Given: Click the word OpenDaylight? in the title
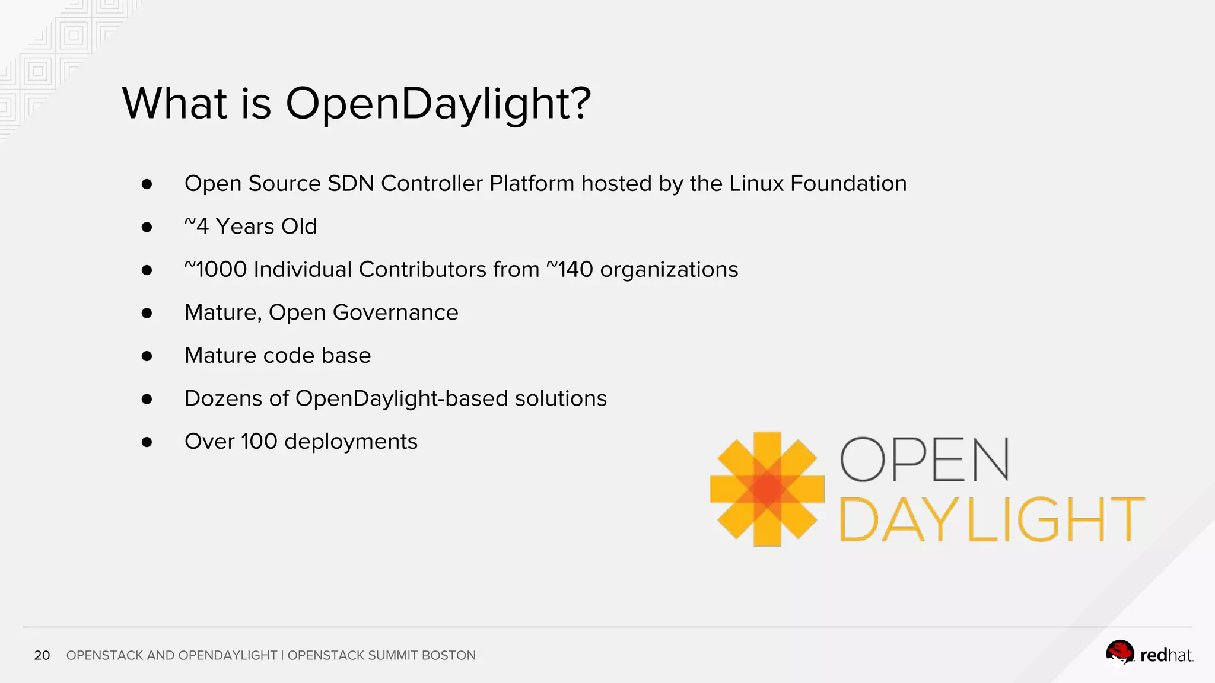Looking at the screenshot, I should [438, 104].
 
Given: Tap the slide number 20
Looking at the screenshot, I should [42, 655].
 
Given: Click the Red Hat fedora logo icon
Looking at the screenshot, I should [1119, 653].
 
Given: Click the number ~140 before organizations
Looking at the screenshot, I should [570, 270].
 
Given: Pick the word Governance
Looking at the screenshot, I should [396, 312].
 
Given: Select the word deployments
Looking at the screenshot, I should [351, 442].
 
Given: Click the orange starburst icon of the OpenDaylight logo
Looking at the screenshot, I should [767, 489].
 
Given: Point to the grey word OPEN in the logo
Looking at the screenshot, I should [924, 460].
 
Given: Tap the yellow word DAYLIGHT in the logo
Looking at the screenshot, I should [991, 519].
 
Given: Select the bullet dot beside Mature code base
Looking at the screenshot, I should [147, 356].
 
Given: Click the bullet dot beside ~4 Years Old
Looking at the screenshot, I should [147, 227].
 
